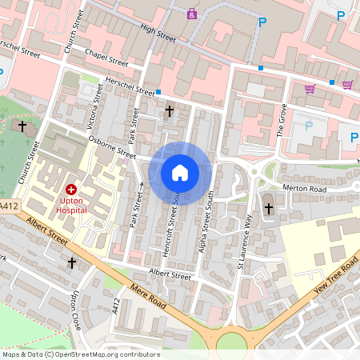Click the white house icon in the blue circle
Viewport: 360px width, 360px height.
coord(180,173)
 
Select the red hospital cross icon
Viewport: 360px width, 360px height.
coord(71,190)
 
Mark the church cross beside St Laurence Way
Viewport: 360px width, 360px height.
coord(268,209)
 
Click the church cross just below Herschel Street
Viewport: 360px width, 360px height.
coord(169,111)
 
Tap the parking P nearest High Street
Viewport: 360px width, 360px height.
coord(261,22)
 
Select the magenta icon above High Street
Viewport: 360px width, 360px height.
coord(192,14)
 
